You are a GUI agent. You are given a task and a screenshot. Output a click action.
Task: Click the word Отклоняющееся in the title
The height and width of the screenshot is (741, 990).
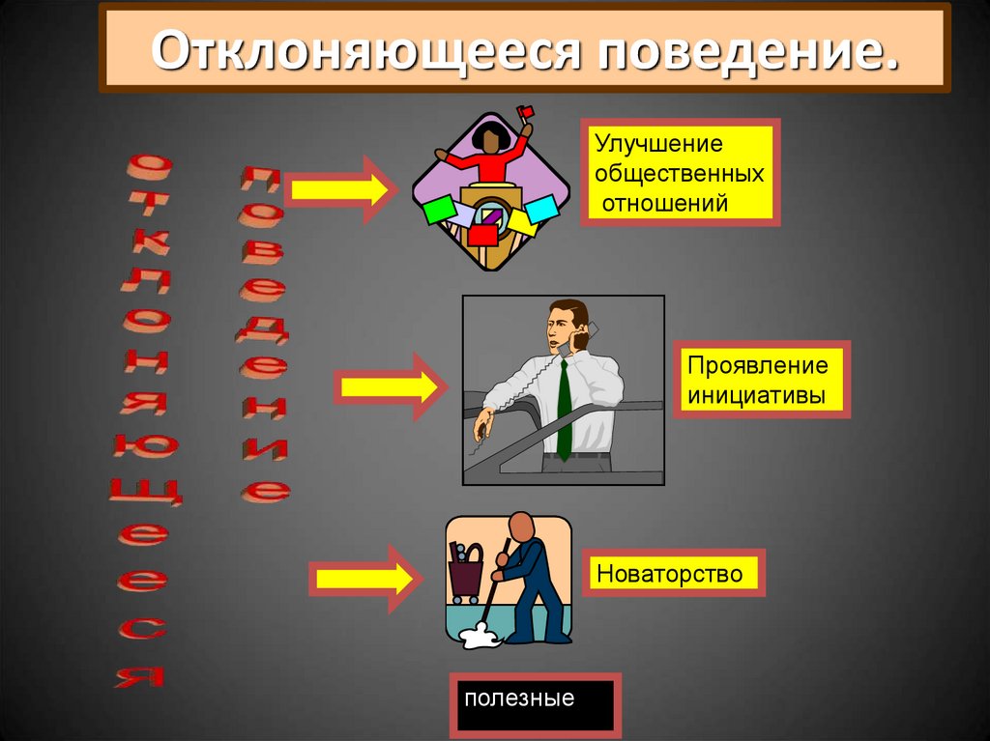click(366, 49)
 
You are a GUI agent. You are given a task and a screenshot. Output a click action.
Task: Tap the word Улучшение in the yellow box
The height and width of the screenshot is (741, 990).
click(658, 145)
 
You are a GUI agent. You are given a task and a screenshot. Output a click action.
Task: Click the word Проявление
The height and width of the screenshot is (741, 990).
click(758, 366)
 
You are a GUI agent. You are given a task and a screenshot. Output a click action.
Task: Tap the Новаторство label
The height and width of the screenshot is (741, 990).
click(669, 574)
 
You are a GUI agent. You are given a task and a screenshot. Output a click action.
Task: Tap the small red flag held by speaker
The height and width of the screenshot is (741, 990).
click(525, 113)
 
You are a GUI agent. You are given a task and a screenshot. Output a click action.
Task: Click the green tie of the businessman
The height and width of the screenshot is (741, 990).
click(564, 406)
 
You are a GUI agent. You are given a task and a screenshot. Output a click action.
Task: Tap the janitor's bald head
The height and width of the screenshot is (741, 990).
click(521, 527)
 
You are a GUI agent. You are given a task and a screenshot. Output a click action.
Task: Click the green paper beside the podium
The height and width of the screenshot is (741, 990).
click(439, 209)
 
